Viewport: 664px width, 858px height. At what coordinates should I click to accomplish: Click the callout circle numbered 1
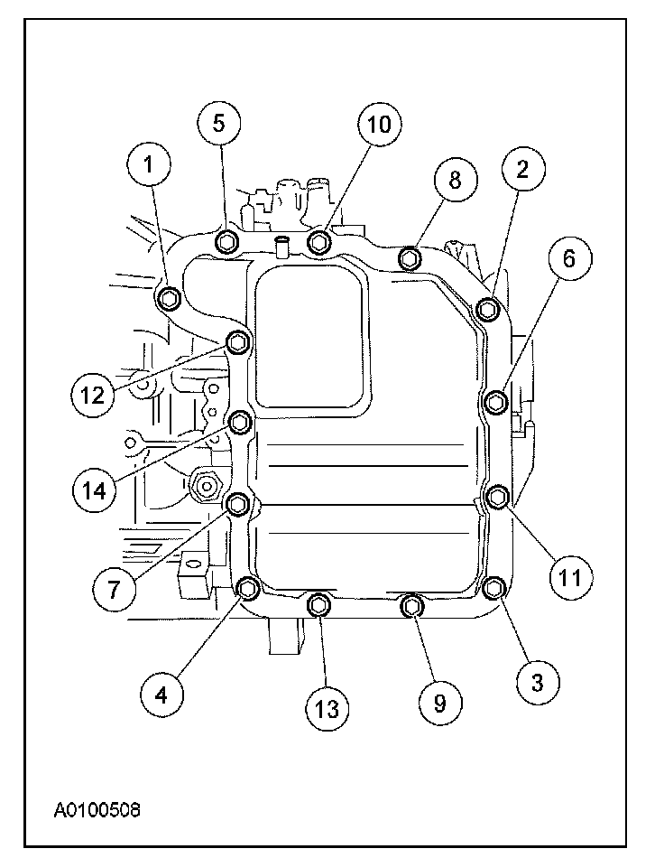coord(151,166)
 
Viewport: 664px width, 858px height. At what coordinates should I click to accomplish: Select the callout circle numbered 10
coord(379,126)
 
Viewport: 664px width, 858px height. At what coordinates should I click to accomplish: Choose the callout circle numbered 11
coord(567,575)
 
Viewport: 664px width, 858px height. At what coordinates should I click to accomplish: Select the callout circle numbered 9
coord(438,703)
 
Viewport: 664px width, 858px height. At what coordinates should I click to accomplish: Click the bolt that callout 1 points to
coord(169,299)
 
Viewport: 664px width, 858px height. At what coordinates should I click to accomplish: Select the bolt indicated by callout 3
coord(493,589)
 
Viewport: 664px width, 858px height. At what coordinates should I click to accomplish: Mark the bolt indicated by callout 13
coord(319,605)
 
